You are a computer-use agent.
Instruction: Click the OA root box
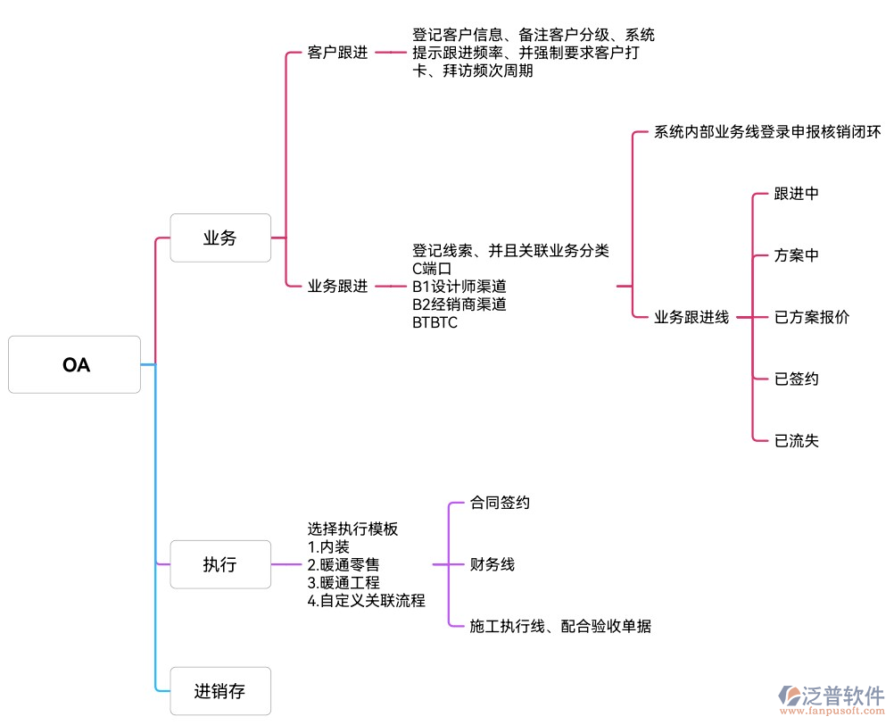75,364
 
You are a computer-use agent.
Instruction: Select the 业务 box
220,237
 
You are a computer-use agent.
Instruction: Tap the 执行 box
220,564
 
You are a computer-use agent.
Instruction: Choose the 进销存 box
220,690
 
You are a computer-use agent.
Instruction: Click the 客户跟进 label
337,53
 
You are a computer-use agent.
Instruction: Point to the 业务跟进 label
337,287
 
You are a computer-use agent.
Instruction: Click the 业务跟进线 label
691,317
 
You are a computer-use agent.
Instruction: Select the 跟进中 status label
796,194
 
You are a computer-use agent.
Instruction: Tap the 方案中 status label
796,255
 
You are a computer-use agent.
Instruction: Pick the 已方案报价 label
812,317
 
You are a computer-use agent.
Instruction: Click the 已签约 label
796,379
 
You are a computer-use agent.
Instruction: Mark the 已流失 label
796,440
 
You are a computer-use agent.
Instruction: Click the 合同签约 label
500,503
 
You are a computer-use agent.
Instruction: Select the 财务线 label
493,564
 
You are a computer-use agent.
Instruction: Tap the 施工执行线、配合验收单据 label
560,627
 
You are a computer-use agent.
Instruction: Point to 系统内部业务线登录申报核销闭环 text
767,132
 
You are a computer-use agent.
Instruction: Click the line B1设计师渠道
459,287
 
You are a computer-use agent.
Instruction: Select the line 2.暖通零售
344,564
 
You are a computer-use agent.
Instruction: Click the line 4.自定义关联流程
367,600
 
